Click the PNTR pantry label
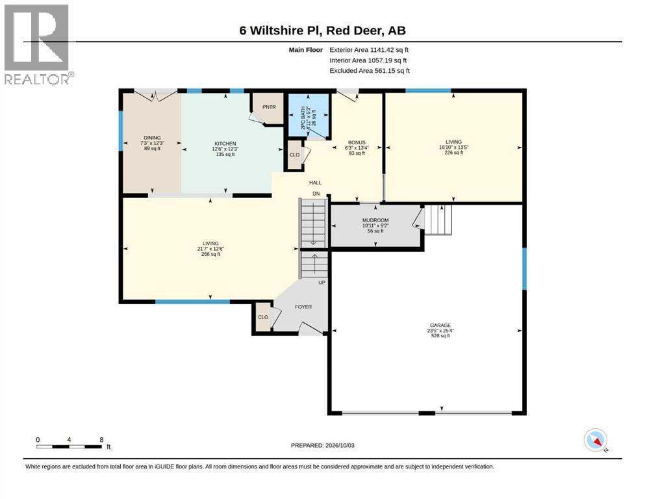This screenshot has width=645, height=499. click(269, 107)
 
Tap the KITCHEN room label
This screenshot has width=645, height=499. click(225, 144)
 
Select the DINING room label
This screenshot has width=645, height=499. click(152, 138)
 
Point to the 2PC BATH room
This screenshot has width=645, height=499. click(309, 117)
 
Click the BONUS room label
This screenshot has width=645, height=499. click(357, 142)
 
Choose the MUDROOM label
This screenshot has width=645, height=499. click(375, 220)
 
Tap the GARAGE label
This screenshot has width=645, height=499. click(440, 326)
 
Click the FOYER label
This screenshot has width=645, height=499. click(303, 307)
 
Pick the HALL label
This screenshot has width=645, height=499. click(316, 183)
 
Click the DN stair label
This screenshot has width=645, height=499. click(316, 194)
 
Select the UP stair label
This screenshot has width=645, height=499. click(322, 283)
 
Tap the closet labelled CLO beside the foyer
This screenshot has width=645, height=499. click(263, 317)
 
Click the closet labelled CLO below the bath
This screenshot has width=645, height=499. click(294, 155)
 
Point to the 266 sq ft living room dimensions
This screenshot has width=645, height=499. click(210, 249)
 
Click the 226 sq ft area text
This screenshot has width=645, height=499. click(454, 153)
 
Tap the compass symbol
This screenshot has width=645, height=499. click(595, 440)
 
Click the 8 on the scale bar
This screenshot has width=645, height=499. click(101, 440)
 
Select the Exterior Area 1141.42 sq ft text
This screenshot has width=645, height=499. click(369, 50)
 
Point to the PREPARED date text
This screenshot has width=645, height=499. click(322, 446)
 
